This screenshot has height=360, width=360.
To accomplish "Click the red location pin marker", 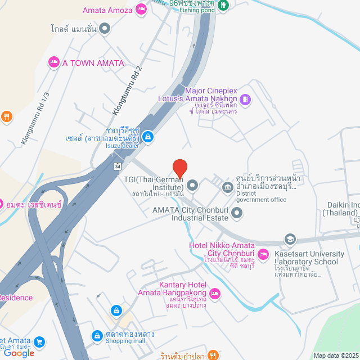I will point(179,168).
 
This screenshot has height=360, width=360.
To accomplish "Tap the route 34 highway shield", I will point(117,166).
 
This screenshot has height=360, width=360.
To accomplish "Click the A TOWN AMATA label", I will point(93,62).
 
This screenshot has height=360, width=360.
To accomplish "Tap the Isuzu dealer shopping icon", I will point(147,136).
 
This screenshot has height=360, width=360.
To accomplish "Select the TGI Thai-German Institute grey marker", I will point(192,184).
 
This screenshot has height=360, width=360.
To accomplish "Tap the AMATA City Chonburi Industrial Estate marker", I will point(237,213).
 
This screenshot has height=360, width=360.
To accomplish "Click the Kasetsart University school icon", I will point(290,238).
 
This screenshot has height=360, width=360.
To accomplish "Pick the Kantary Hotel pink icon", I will point(214,294).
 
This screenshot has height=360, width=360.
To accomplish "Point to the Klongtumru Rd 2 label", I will point(127,91).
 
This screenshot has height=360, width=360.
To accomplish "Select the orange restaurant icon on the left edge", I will point(6,117).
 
